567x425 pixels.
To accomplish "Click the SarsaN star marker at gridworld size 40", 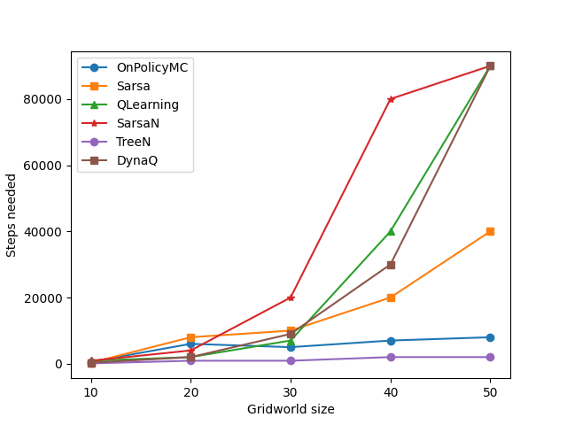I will click(x=391, y=99).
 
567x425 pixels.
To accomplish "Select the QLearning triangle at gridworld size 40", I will click(x=391, y=231).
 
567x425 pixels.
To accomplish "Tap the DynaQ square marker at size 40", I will click(x=391, y=265).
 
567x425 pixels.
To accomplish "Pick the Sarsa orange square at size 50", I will click(x=490, y=231).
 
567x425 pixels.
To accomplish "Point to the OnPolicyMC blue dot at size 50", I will click(x=490, y=337).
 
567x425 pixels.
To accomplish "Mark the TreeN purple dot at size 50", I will click(x=490, y=357).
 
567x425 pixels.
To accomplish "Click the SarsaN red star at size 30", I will click(x=291, y=297).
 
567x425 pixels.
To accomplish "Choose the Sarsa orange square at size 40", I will click(x=391, y=297).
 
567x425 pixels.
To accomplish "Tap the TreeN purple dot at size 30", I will click(x=291, y=360).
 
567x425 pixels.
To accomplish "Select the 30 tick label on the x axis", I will click(x=291, y=391).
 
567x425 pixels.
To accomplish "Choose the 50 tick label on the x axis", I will click(x=490, y=391).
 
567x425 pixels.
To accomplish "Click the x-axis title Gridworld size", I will click(x=291, y=409).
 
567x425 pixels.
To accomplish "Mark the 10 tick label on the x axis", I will click(x=91, y=391).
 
